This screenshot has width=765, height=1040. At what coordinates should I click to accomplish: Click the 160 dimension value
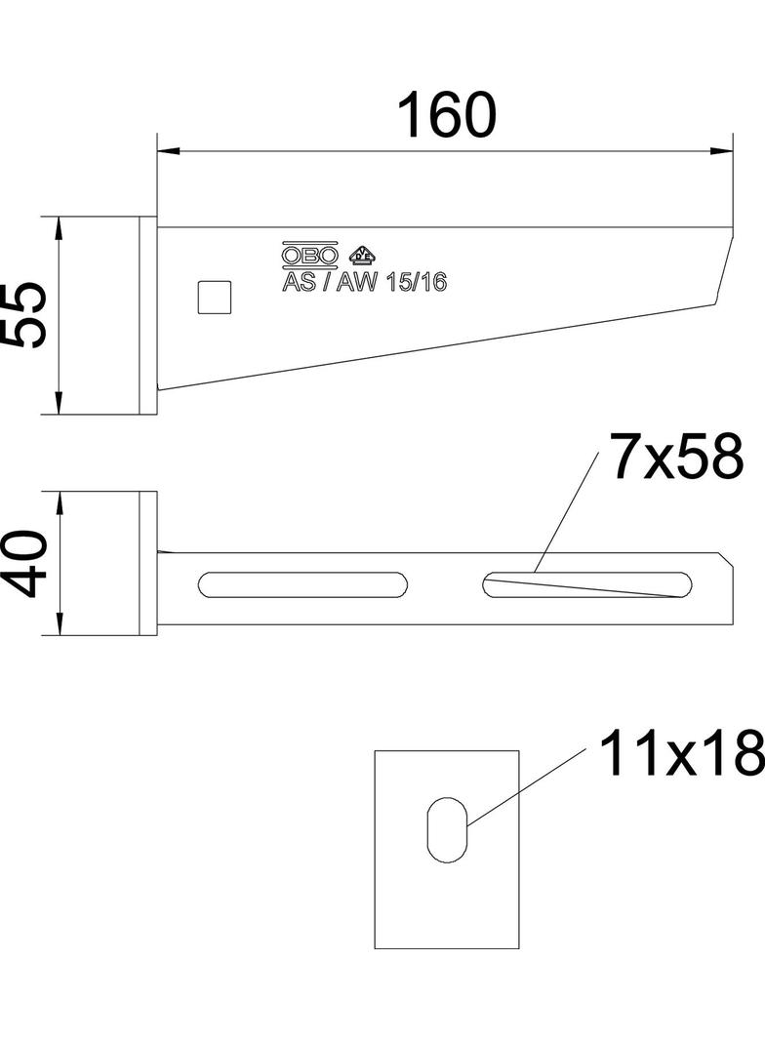coord(447,115)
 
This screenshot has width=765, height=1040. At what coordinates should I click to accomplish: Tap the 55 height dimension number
coord(24,314)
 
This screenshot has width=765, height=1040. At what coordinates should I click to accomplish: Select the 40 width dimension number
coord(24,563)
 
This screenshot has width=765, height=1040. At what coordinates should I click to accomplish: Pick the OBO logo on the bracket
coord(310,256)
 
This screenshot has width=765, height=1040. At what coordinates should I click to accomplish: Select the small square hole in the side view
coord(215,297)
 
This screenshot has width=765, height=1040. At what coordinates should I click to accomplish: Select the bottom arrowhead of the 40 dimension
coord(60,625)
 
